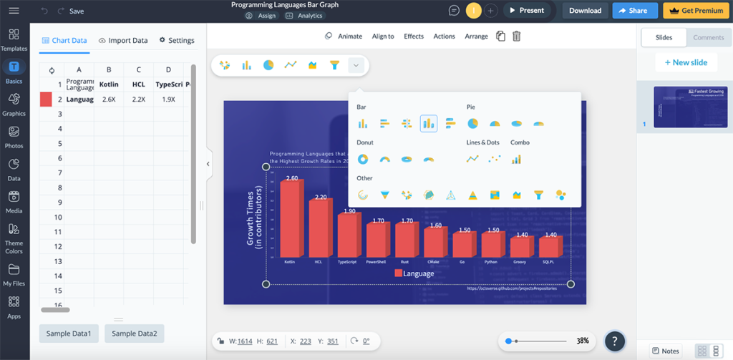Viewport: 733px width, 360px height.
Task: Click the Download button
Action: [585, 11]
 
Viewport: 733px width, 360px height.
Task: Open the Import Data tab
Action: [123, 40]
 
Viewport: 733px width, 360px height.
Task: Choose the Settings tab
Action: [177, 40]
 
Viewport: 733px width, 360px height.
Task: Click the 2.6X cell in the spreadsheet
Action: [109, 99]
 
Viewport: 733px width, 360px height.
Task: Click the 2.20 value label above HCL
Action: [320, 198]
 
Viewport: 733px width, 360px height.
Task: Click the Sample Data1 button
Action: [69, 334]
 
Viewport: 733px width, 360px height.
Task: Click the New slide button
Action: [686, 62]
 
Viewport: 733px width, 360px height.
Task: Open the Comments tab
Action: [708, 37]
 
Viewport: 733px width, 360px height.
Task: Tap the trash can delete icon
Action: [516, 37]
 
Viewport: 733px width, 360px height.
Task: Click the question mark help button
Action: [615, 341]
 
